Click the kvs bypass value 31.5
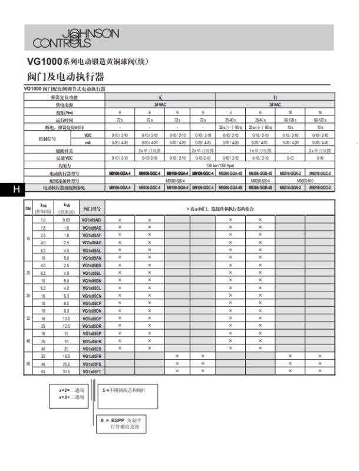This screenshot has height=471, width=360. tap(67, 372)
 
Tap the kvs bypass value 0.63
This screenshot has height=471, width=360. tap(67, 220)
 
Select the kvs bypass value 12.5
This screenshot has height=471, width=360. tap(67, 326)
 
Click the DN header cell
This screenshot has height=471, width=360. tap(27, 208)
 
